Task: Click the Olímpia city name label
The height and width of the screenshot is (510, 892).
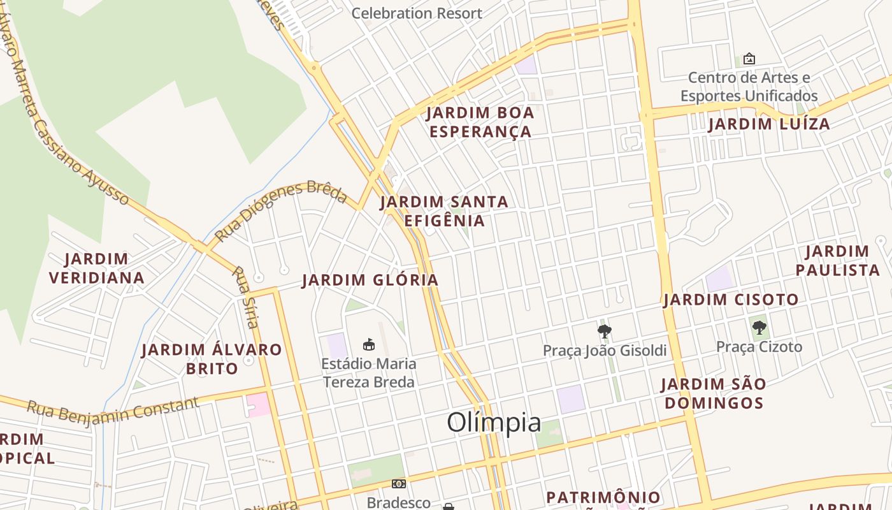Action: tap(494, 422)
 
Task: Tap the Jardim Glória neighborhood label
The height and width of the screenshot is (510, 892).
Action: tap(370, 280)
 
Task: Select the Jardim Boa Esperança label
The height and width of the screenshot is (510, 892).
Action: tap(480, 122)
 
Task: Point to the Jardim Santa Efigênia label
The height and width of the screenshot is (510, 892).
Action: tap(444, 211)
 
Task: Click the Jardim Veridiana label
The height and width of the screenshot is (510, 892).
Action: tap(96, 268)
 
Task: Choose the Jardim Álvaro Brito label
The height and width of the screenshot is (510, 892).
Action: tap(212, 358)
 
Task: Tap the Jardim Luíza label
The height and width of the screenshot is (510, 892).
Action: tap(769, 124)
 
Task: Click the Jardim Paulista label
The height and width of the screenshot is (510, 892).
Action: tap(837, 260)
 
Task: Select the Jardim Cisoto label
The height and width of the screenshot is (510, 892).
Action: tap(731, 299)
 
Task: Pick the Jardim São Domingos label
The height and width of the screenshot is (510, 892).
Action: tap(712, 393)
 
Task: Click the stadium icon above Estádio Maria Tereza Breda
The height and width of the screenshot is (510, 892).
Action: tap(368, 345)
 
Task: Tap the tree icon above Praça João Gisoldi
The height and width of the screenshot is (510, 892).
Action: tap(604, 331)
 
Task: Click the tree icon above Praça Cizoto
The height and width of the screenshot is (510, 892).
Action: tap(759, 328)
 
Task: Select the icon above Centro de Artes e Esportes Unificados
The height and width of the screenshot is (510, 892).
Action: tap(749, 59)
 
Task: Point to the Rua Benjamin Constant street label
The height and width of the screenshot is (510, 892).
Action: tap(113, 410)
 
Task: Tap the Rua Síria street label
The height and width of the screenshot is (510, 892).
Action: tap(245, 297)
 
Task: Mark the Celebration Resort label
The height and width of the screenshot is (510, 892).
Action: tap(417, 13)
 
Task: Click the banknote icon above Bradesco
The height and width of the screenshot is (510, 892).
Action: tap(399, 484)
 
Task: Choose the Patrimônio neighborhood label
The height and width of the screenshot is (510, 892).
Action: tap(603, 497)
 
